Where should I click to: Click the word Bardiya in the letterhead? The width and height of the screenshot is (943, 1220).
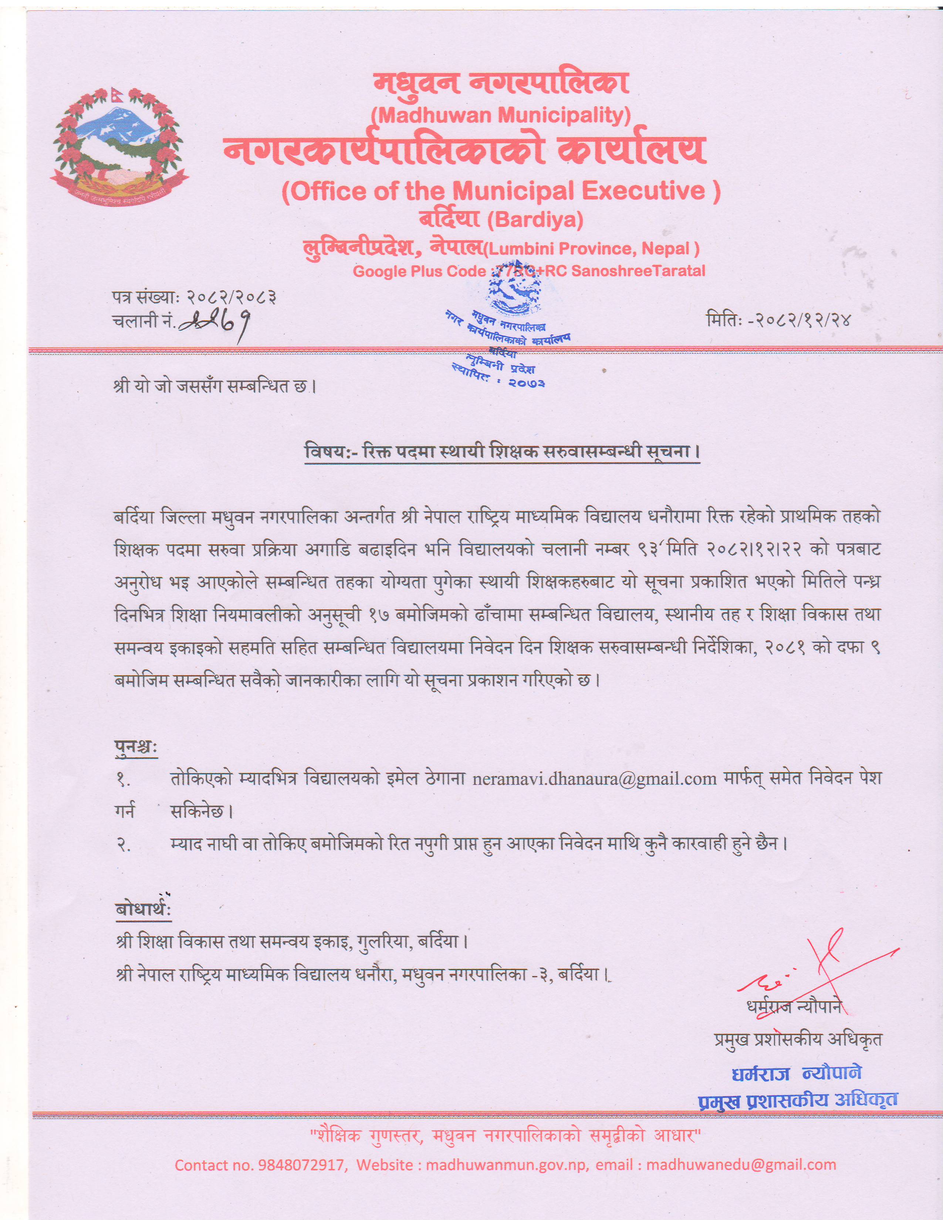click(535, 220)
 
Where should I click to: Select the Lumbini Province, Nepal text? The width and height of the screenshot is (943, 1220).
click(593, 248)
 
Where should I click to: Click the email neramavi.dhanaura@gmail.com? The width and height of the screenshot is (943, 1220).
click(594, 779)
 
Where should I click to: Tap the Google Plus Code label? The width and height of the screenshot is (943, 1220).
click(419, 271)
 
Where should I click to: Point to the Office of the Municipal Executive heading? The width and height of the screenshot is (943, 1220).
click(501, 191)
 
